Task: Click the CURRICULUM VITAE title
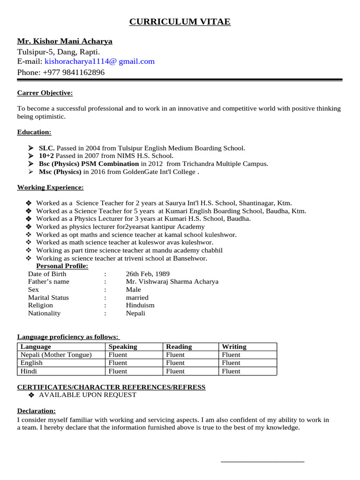180,22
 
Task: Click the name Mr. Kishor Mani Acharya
65,41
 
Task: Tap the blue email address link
99,61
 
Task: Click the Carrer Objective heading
45,93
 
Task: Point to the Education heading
34,132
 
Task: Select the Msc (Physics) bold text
60,172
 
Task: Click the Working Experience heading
51,187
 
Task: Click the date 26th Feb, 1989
148,274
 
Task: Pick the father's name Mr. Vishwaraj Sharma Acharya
172,282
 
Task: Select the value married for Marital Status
137,298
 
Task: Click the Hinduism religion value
140,305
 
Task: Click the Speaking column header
123,347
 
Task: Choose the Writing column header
234,347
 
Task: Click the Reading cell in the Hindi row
175,371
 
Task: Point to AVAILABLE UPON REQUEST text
88,395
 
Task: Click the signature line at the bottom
262,462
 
